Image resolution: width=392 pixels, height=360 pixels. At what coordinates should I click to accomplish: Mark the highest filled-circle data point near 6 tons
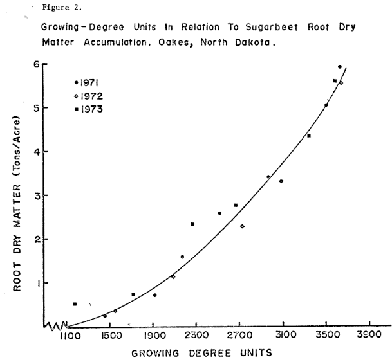coord(340,67)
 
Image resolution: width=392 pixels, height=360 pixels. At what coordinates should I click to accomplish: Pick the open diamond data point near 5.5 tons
coord(341,83)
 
